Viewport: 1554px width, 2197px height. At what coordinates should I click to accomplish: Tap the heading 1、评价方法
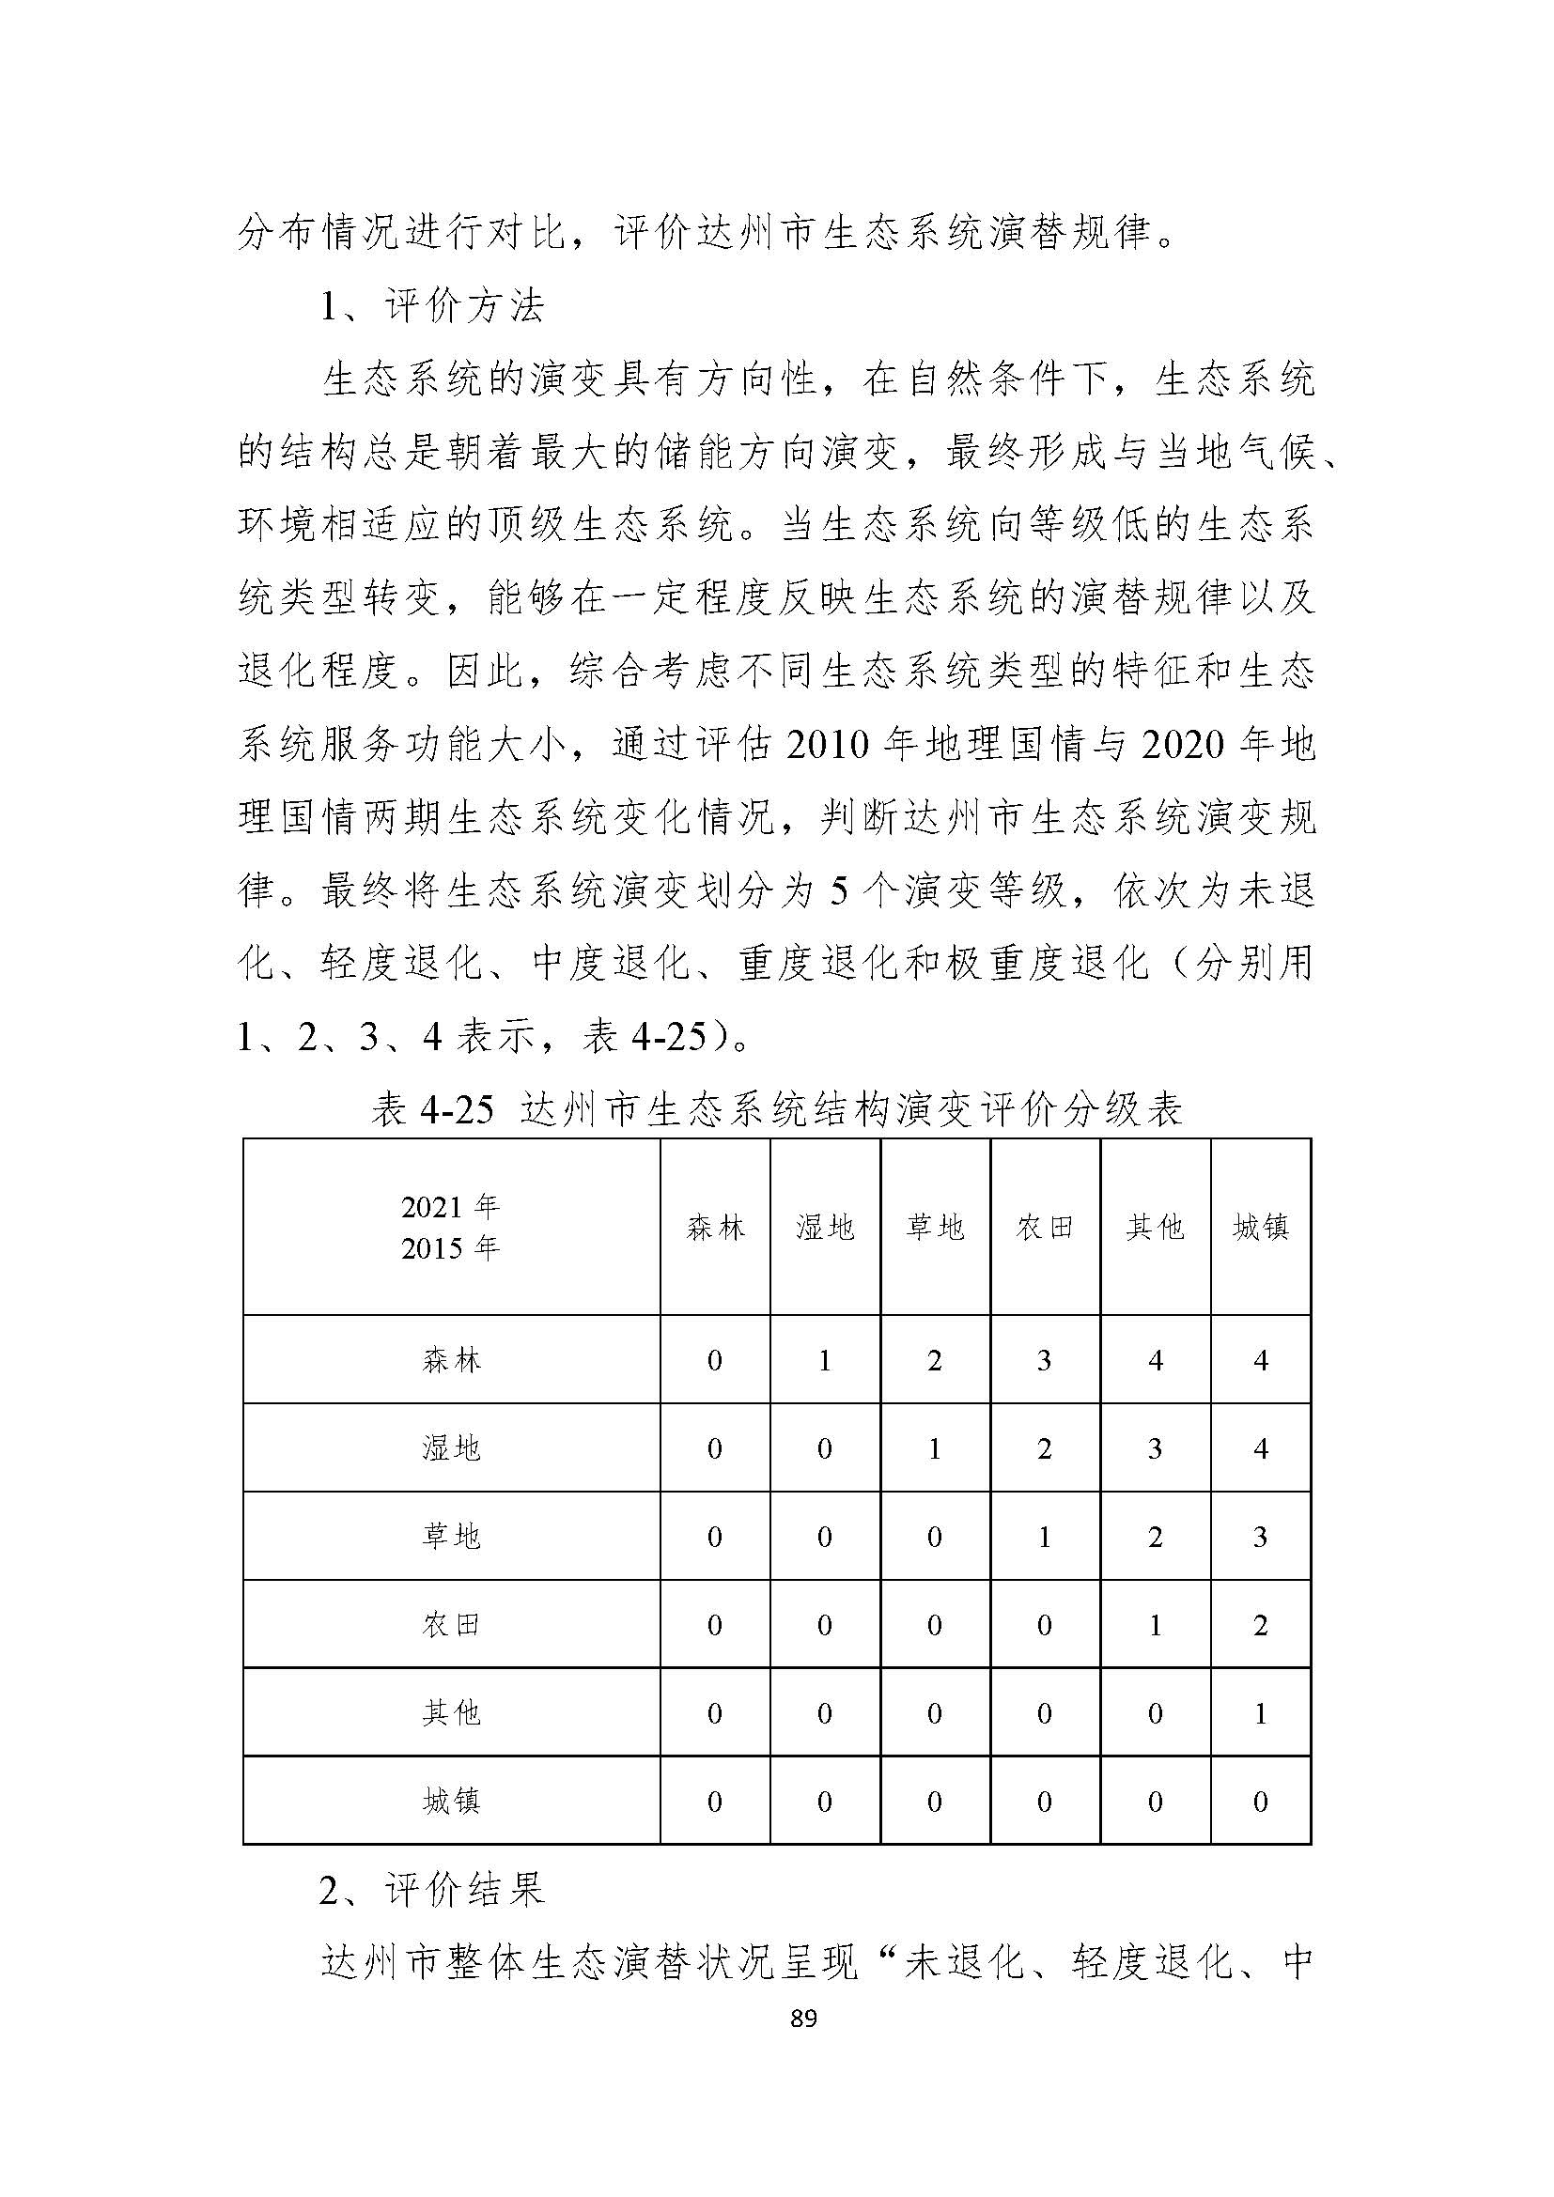point(431,306)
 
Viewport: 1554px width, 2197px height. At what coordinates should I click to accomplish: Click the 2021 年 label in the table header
point(451,1208)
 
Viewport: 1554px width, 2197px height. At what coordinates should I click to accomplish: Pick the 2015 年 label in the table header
point(451,1248)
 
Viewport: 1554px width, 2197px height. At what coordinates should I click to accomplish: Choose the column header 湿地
point(825,1228)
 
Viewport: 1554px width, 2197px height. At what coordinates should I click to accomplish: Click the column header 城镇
point(1260,1228)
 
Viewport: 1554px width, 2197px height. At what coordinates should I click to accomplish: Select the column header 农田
point(1044,1228)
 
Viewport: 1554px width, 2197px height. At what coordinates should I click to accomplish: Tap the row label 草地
point(451,1538)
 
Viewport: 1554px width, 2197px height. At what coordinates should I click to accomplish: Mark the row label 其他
point(451,1713)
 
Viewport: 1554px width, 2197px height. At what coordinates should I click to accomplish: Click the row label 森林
point(451,1361)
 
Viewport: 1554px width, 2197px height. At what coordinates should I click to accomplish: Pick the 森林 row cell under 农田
point(1044,1361)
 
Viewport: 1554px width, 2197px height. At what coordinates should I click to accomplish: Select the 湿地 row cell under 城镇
point(1260,1449)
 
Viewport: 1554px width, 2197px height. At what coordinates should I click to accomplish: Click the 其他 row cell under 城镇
point(1260,1713)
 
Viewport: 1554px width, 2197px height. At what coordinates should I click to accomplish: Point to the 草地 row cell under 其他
point(1155,1538)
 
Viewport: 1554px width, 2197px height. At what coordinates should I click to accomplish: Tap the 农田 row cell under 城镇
point(1260,1626)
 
